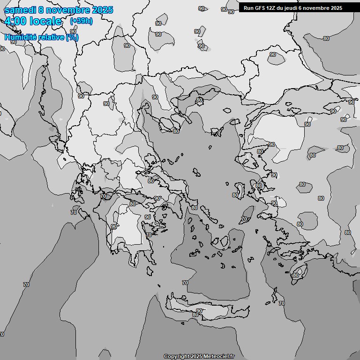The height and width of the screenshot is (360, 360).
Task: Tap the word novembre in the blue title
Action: [x=70, y=10]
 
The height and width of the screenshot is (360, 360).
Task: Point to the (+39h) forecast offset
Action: [x=81, y=21]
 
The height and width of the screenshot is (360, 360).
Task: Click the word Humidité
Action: [x=19, y=37]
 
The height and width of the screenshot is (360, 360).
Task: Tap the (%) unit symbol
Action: [x=72, y=37]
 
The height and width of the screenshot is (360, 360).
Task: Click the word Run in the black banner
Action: [x=248, y=8]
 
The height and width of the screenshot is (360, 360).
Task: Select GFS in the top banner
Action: [x=261, y=8]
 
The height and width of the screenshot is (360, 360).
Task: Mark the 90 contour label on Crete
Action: [x=199, y=311]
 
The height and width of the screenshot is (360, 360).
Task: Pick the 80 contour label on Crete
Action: [x=195, y=315]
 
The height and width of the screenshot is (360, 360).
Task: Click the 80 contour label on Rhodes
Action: [x=295, y=275]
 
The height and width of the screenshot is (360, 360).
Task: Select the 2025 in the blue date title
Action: [x=102, y=10]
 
